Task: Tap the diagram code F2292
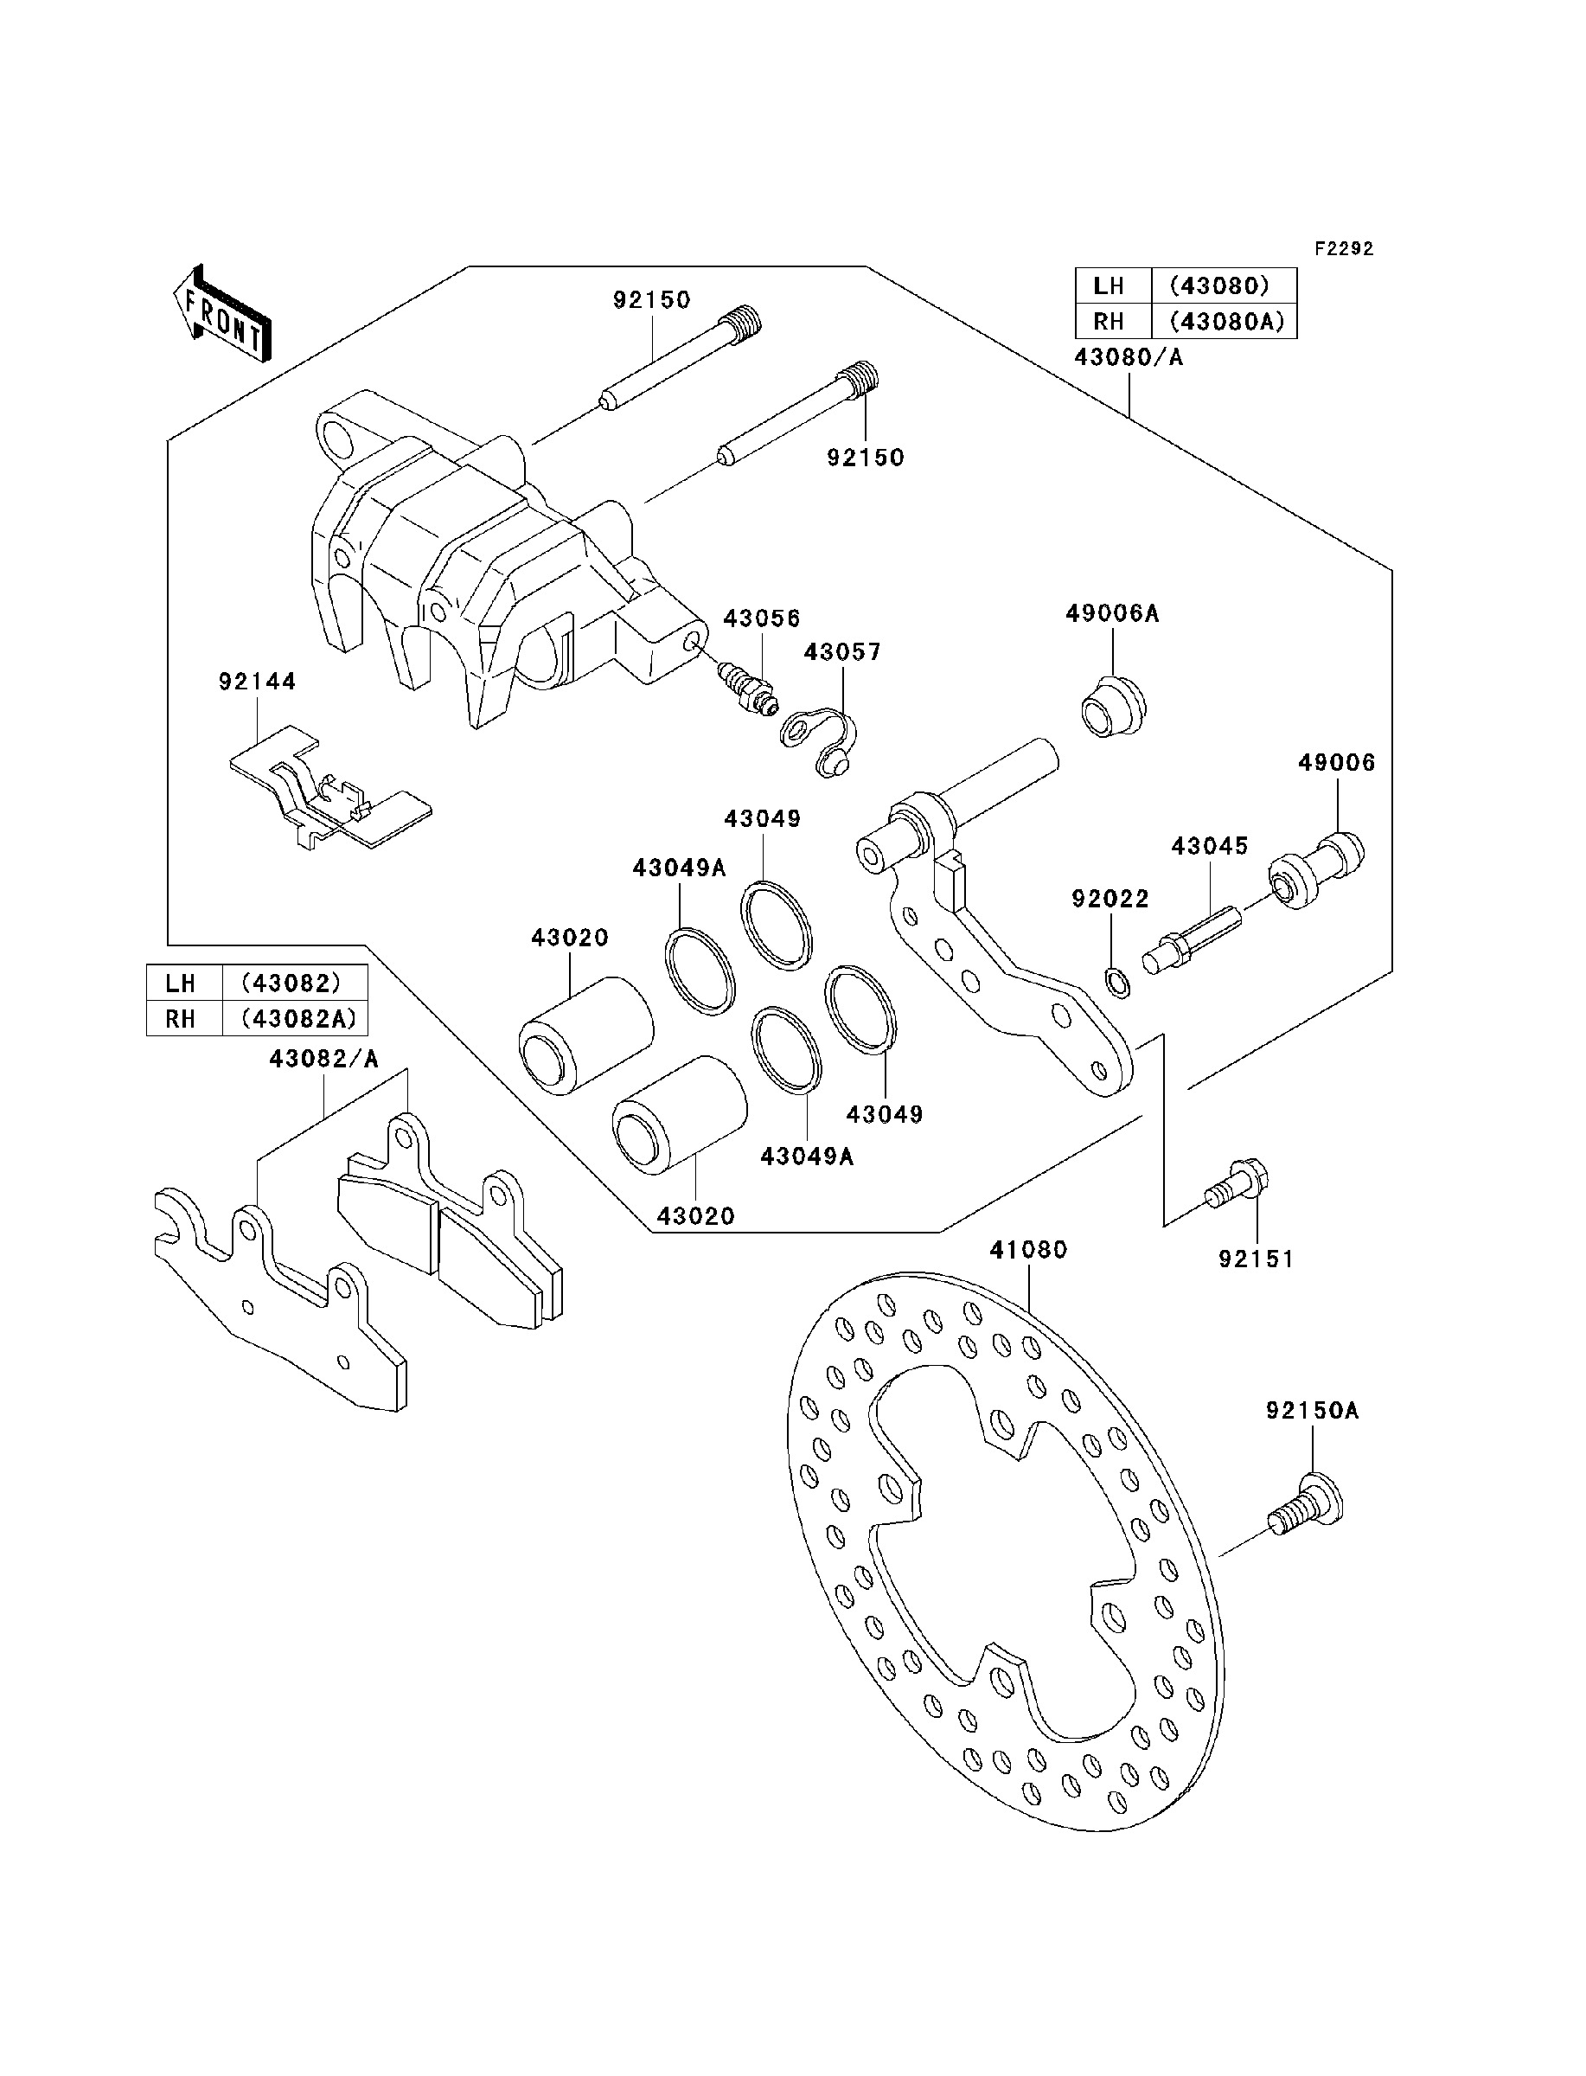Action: point(1346,249)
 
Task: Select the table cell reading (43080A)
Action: point(1225,322)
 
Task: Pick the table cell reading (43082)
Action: point(291,983)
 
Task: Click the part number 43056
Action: point(762,618)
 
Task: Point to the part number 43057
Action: point(843,652)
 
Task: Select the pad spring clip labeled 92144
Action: point(329,787)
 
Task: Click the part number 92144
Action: point(258,682)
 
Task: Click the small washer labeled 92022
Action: point(1114,983)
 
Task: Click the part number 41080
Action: point(1028,1250)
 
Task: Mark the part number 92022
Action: point(1110,899)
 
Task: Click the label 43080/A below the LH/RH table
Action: point(1129,358)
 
